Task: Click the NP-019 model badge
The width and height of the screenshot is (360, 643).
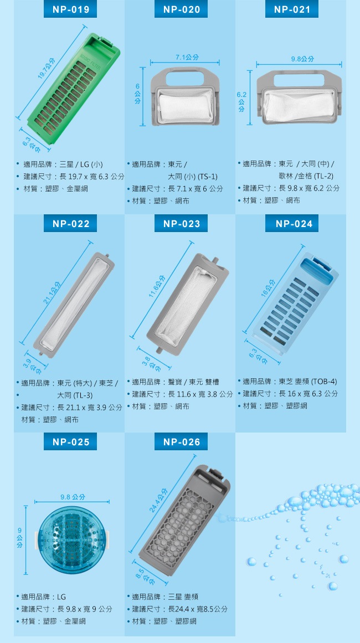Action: pyautogui.click(x=70, y=9)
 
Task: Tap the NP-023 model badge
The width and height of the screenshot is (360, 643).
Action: pyautogui.click(x=181, y=224)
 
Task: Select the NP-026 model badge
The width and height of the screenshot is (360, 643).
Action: pyautogui.click(x=181, y=441)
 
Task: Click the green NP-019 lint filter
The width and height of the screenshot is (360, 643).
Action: pyautogui.click(x=74, y=89)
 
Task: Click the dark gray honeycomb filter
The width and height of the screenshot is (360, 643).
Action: pyautogui.click(x=184, y=520)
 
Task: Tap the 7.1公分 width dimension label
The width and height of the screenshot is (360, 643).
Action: pyautogui.click(x=184, y=57)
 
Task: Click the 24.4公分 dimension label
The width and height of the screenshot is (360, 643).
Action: pyautogui.click(x=158, y=500)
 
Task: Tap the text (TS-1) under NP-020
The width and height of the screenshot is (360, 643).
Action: pyautogui.click(x=207, y=176)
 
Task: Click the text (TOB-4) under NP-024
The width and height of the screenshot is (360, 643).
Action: pyautogui.click(x=324, y=382)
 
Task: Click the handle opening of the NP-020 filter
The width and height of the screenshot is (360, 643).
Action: pyautogui.click(x=184, y=79)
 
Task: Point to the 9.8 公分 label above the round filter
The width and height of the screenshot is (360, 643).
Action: pyautogui.click(x=72, y=497)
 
